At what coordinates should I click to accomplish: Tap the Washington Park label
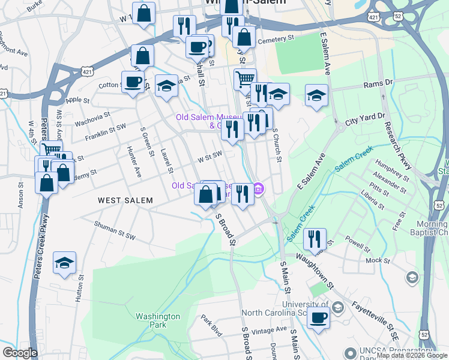[158, 320]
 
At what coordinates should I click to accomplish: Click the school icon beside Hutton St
[64, 263]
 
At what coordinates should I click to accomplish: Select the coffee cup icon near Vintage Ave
[319, 318]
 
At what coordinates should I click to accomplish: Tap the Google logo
[20, 352]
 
